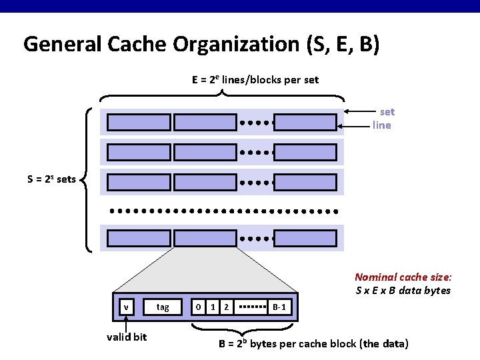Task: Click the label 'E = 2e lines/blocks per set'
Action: [255, 80]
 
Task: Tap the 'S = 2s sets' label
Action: [51, 179]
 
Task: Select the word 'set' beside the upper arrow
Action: [387, 112]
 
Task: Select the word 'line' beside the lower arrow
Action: [382, 125]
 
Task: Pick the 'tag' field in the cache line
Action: [163, 307]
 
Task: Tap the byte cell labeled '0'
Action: [198, 307]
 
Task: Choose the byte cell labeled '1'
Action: [212, 307]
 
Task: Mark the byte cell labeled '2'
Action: [227, 307]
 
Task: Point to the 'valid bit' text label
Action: [127, 337]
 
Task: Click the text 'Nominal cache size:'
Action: [403, 277]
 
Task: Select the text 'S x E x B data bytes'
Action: [403, 290]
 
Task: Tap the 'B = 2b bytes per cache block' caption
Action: [313, 344]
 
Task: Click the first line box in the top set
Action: [139, 123]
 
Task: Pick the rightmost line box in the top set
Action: [305, 123]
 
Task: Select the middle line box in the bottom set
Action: [205, 238]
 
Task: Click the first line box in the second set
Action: [139, 152]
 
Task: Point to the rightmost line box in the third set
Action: [305, 181]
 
